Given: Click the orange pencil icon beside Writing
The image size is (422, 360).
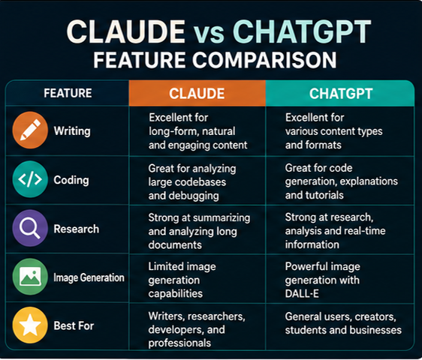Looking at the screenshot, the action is tap(30, 130).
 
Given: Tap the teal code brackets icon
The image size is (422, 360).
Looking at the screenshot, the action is tap(30, 179).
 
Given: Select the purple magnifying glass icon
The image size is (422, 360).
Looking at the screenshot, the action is tap(30, 228).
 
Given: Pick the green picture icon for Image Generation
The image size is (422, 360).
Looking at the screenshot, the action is tap(30, 277).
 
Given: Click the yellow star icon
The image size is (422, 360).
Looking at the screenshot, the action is tap(30, 325).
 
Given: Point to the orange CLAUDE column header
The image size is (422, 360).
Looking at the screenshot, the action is tap(197, 93).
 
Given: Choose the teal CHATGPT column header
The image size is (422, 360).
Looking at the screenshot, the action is tap(340, 93).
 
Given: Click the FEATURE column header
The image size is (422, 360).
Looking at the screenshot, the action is tap(68, 93).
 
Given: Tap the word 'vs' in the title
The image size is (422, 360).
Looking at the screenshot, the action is tap(209, 34).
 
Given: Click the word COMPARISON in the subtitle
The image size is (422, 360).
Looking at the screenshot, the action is tap(264, 60).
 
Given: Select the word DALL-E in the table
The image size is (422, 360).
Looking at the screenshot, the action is tap(302, 293).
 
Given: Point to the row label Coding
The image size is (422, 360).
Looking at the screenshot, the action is tap(71, 180).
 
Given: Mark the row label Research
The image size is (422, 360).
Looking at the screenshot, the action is tap(77, 229).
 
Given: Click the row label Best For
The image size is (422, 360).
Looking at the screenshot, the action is tap(74, 325).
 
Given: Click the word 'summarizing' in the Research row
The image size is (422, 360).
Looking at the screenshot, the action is tap(222, 218).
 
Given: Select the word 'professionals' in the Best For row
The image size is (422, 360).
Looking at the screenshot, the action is tap(179, 343).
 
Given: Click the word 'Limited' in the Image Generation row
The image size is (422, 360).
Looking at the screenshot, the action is tap(164, 266).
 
